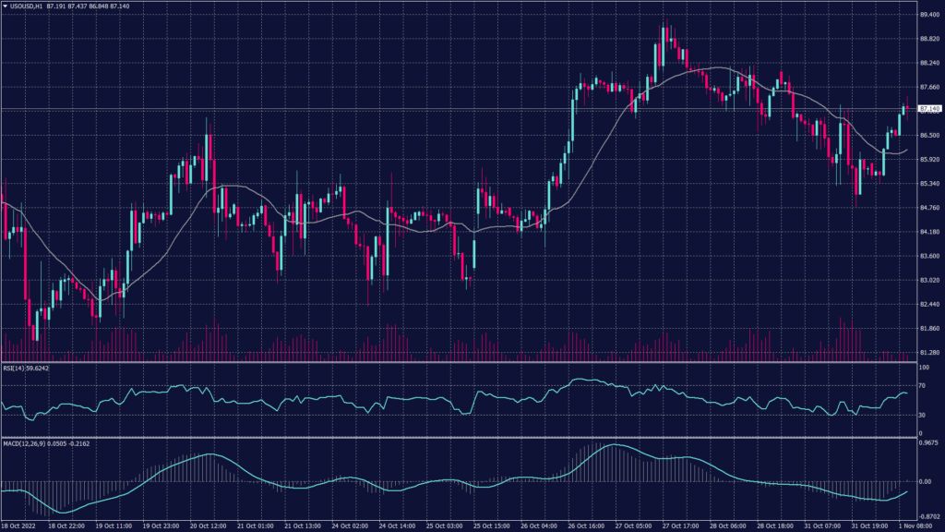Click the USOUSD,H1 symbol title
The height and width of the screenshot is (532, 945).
pos(28,6)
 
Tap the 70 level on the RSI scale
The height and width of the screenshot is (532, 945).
pos(922,385)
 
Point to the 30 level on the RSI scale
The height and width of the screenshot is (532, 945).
pos(922,415)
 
